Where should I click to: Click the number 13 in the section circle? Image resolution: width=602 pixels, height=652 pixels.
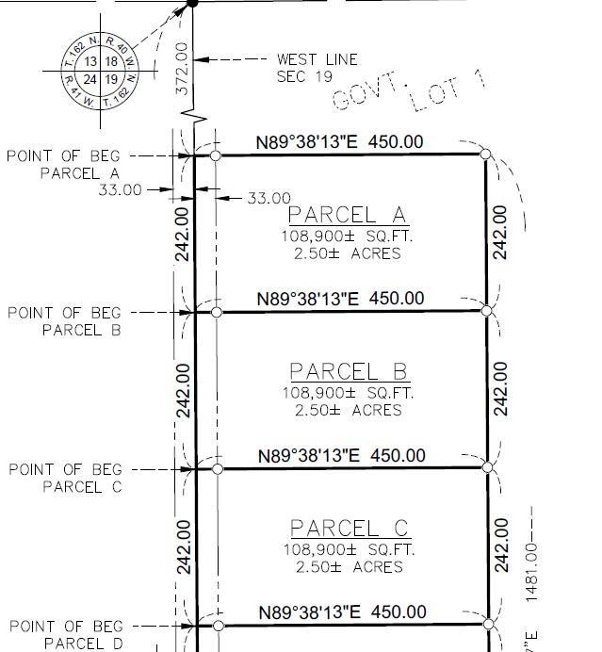[90, 61]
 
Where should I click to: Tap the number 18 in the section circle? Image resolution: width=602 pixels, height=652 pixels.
[111, 61]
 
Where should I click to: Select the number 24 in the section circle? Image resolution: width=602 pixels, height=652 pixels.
[89, 79]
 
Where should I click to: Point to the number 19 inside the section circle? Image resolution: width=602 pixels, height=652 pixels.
[111, 79]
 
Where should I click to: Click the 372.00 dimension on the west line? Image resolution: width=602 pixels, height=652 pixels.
[183, 68]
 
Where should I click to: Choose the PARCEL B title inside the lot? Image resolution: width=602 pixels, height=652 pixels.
[349, 371]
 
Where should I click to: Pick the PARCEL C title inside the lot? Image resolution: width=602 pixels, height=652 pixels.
[350, 528]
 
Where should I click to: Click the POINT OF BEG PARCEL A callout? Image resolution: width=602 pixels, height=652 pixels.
[64, 165]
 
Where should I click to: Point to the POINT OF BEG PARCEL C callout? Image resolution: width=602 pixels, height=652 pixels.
[66, 479]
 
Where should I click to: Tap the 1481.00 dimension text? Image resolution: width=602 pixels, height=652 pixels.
[531, 572]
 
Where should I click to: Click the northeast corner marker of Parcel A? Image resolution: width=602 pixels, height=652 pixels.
[485, 155]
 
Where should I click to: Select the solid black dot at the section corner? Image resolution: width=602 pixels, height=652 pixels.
[192, 4]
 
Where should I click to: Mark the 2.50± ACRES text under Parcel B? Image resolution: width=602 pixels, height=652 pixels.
[349, 411]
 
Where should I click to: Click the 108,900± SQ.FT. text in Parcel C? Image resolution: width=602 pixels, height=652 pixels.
[350, 549]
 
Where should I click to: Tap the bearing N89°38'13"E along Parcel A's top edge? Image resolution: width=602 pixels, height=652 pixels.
[307, 142]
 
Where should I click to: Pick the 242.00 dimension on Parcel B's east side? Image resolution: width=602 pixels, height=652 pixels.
[500, 389]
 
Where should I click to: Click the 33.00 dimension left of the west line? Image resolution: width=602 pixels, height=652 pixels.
[121, 190]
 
